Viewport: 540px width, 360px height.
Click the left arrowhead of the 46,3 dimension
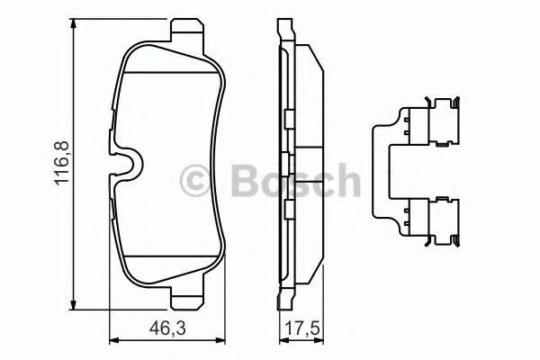pyautogui.click(x=112, y=340)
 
